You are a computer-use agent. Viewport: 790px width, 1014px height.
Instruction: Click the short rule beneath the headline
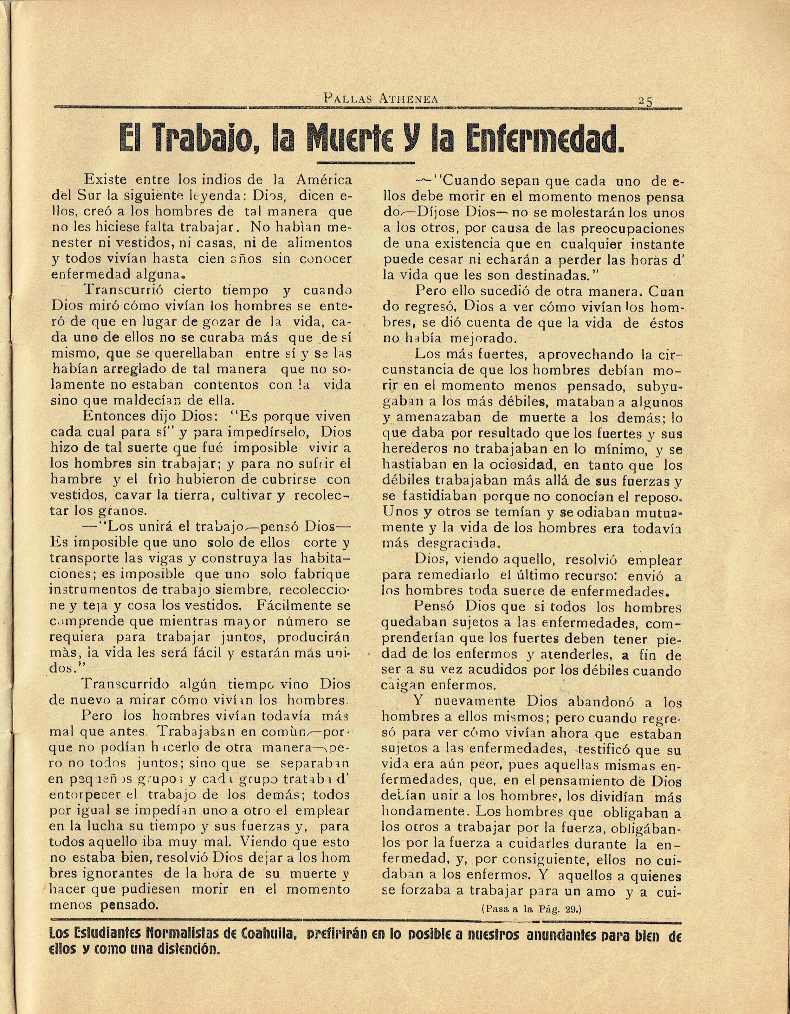[x=366, y=163]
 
